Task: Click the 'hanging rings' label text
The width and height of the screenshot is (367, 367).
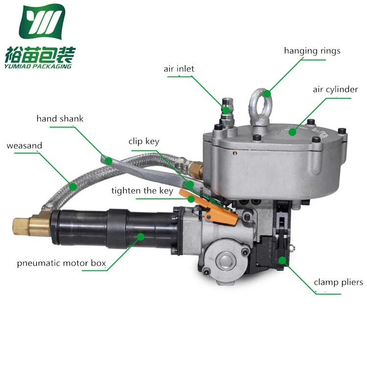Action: pyautogui.click(x=312, y=51)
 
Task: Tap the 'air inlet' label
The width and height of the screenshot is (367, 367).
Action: pyautogui.click(x=179, y=69)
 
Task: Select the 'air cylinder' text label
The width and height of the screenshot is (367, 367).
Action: pyautogui.click(x=335, y=90)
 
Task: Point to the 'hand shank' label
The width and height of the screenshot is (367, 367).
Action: pyautogui.click(x=60, y=119)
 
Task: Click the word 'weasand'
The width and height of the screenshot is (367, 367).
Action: pyautogui.click(x=24, y=146)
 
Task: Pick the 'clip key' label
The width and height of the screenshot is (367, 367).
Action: pyautogui.click(x=144, y=141)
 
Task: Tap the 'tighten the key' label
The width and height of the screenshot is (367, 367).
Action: pyautogui.click(x=142, y=191)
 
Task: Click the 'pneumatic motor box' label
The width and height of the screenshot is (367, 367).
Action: pyautogui.click(x=61, y=263)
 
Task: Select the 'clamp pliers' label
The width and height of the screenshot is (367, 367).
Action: pyautogui.click(x=338, y=282)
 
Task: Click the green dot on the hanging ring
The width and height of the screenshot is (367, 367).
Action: pyautogui.click(x=267, y=93)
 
